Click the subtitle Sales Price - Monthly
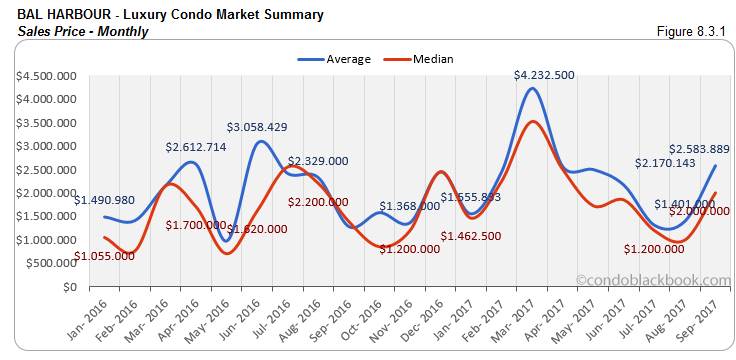point(82,31)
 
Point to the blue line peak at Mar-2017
point(535,88)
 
